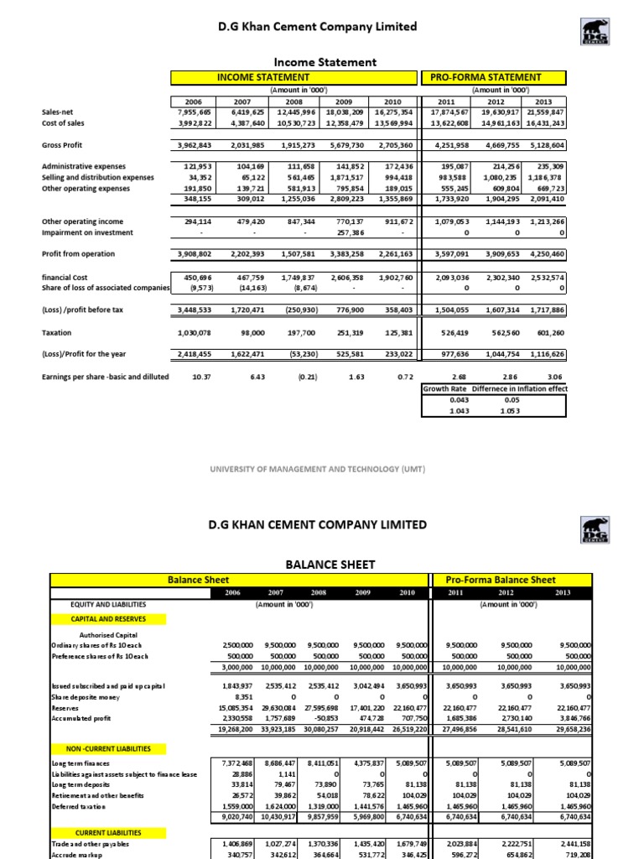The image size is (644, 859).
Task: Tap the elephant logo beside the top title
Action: tap(591, 33)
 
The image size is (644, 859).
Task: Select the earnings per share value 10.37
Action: tap(201, 377)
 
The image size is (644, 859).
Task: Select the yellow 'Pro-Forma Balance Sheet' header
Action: tap(500, 580)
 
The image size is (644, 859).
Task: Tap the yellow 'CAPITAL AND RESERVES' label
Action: tap(107, 619)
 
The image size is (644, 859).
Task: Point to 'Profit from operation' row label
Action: tap(78, 254)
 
